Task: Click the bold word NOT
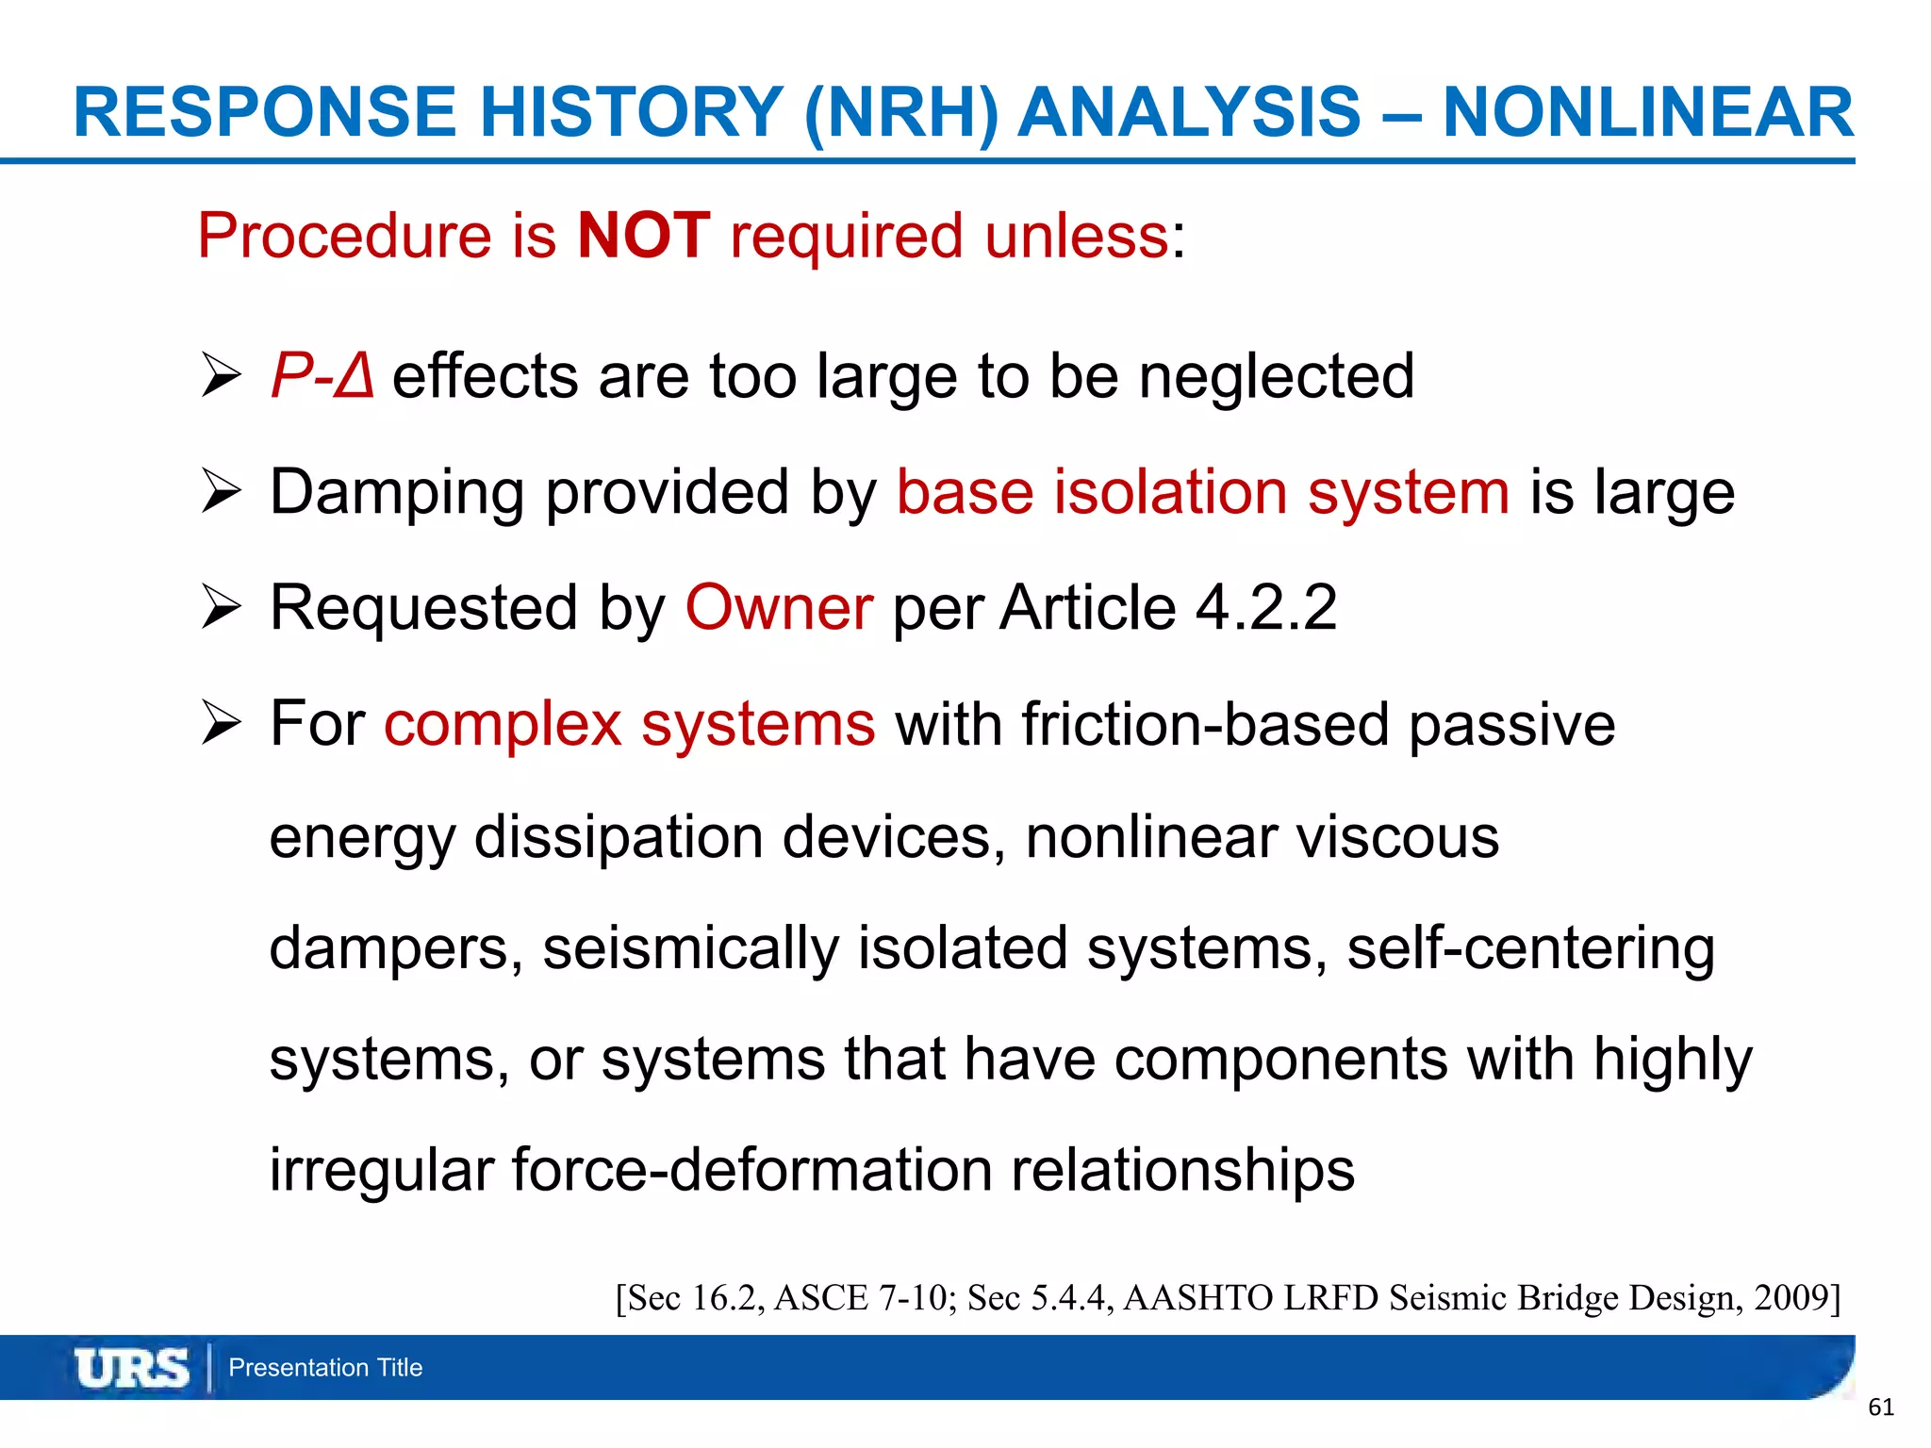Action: pyautogui.click(x=644, y=236)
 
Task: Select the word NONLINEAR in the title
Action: pyautogui.click(x=1648, y=113)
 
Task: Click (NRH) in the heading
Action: pyautogui.click(x=900, y=113)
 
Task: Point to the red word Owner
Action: pyautogui.click(x=779, y=608)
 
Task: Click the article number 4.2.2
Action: pyautogui.click(x=1265, y=608)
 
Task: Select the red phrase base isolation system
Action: pyautogui.click(x=1203, y=493)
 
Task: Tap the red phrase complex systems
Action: pyautogui.click(x=630, y=725)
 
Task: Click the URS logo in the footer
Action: pyautogui.click(x=132, y=1368)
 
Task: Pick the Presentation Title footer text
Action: pyautogui.click(x=325, y=1368)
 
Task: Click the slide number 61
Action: pyautogui.click(x=1880, y=1407)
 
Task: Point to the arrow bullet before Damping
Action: pyautogui.click(x=222, y=493)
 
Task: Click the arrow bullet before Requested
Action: pyautogui.click(x=222, y=608)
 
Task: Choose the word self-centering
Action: pyautogui.click(x=1530, y=949)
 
